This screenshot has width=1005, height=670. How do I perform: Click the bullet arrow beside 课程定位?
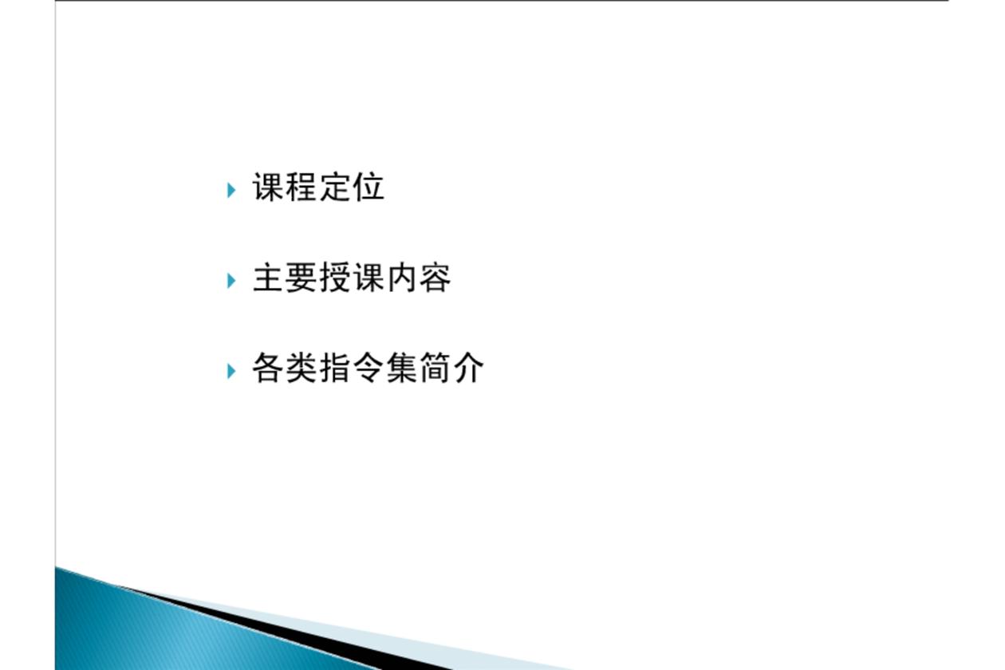coord(231,191)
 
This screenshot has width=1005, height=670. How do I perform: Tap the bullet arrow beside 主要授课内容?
coord(231,281)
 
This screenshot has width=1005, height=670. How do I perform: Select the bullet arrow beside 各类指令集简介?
coord(231,371)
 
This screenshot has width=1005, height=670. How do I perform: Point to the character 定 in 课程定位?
coord(335,187)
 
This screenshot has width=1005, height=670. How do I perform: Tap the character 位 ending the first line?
coord(368,187)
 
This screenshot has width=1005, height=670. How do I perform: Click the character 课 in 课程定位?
coord(268,187)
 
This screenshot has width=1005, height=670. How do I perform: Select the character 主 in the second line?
coord(268,278)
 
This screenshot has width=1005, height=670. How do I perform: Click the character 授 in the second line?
coord(335,278)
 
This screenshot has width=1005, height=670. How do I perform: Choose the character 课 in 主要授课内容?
coord(368,278)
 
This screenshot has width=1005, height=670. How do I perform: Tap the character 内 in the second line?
coord(401,278)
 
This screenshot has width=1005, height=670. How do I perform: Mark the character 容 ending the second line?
coord(435,278)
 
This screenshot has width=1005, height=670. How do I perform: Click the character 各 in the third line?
coord(268,368)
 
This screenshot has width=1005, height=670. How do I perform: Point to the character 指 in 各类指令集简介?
coord(335,368)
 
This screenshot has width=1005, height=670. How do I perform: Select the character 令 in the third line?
coord(368,368)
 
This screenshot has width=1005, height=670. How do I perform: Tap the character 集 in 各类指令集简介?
coord(401,368)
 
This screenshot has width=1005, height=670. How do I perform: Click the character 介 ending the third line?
coord(468,368)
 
